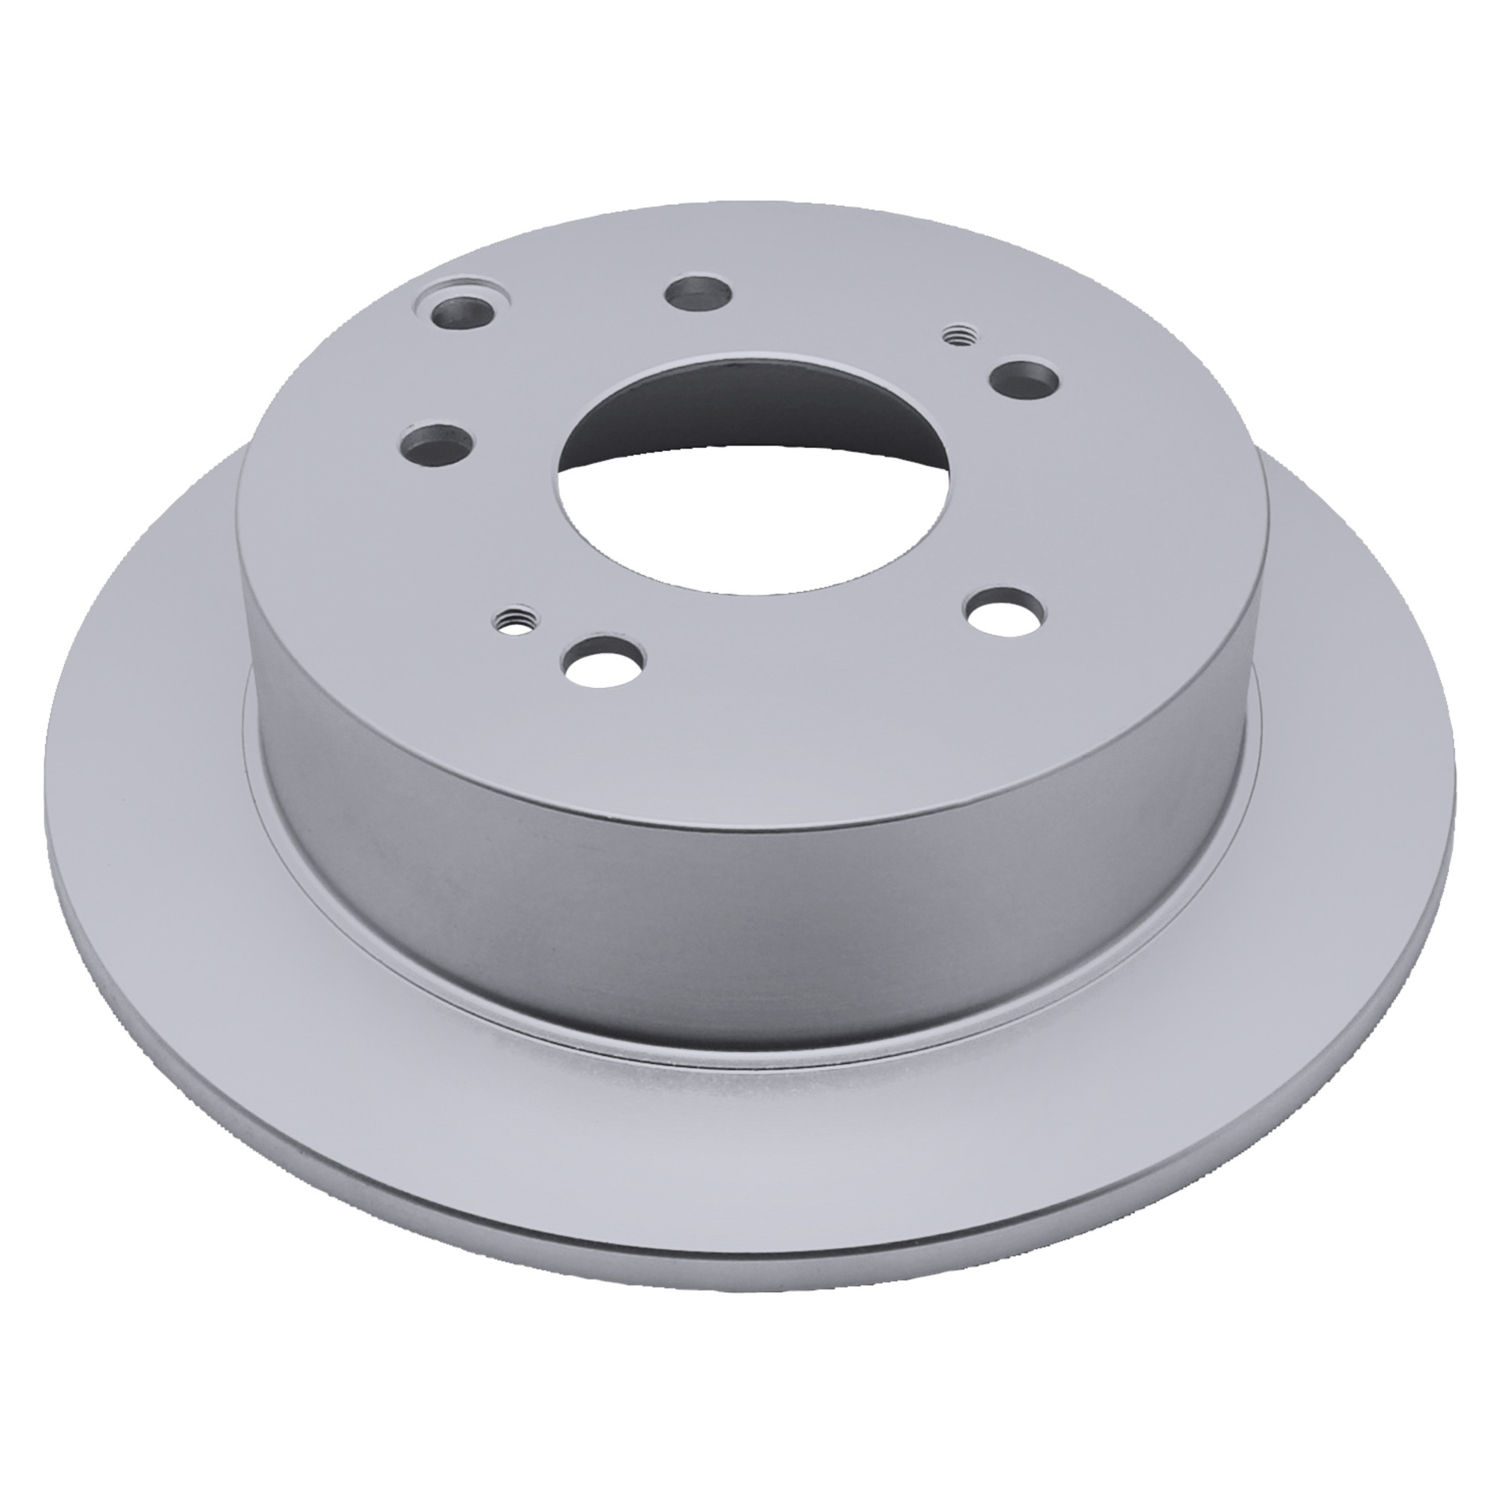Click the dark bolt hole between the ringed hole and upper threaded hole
point(697,294)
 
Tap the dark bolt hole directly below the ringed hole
point(435,447)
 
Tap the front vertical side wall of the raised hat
point(777,893)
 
